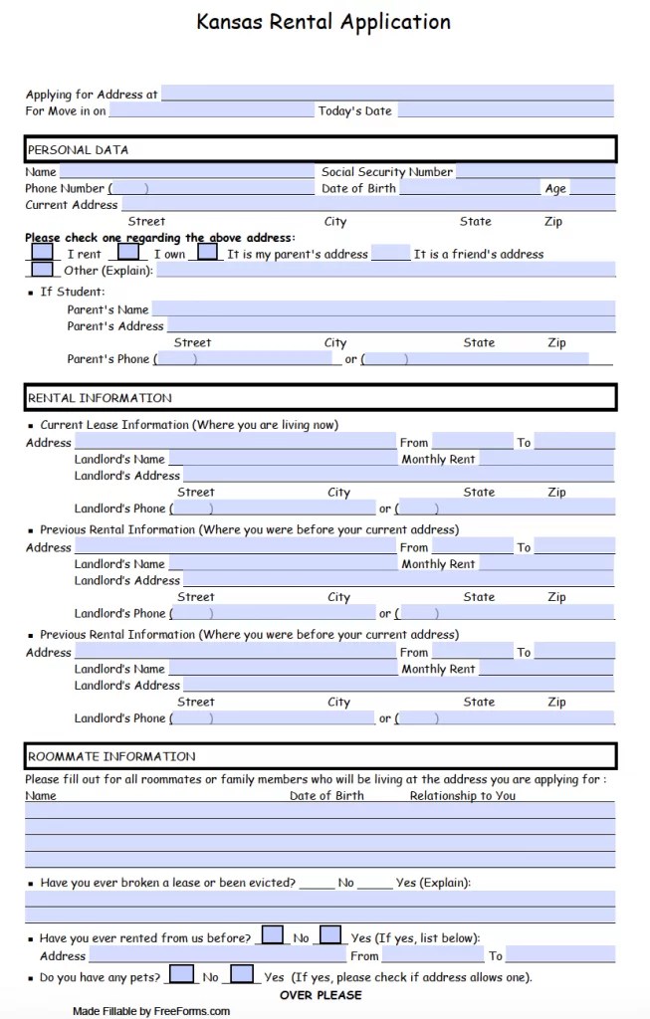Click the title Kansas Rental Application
[324, 22]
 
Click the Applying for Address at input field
[386, 94]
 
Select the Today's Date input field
[505, 110]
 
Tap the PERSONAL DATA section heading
[78, 150]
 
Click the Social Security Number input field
[535, 172]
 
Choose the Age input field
[591, 188]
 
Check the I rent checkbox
[42, 253]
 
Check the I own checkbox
[128, 253]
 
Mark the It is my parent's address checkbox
[207, 253]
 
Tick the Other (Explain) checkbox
[42, 270]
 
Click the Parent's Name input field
[382, 309]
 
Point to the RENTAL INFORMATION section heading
[100, 398]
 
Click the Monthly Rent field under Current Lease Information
[545, 460]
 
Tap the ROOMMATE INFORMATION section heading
[111, 756]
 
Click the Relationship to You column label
[462, 795]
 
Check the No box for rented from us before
[271, 936]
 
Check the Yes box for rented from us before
[330, 936]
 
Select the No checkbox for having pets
[181, 976]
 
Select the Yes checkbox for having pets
[242, 976]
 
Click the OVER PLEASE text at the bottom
[321, 995]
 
